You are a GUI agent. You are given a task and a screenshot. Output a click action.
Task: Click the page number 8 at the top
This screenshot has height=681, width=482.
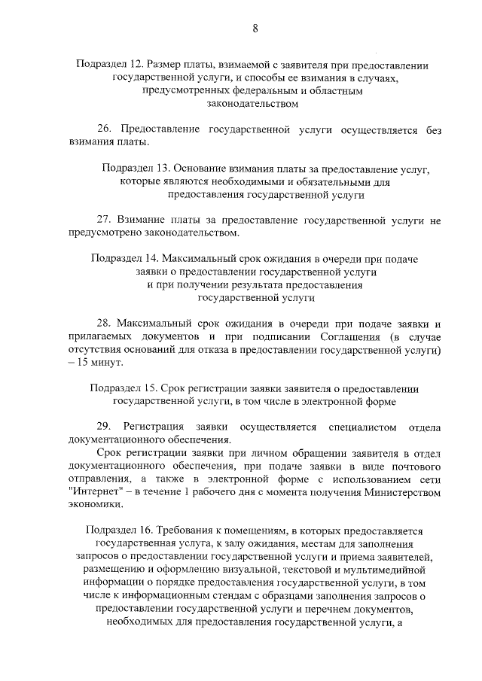255,29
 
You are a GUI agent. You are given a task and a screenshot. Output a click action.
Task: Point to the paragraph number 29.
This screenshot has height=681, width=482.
105,427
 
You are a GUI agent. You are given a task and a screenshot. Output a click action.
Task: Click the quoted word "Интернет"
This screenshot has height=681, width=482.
93,492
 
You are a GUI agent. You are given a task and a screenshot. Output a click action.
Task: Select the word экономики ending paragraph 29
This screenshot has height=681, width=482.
93,505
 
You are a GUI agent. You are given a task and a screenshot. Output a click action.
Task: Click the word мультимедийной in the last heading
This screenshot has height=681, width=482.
379,570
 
